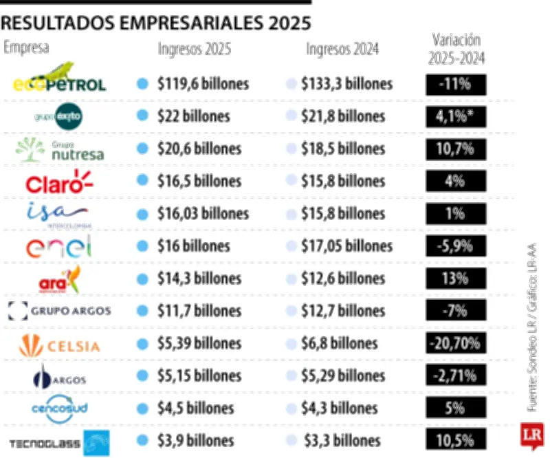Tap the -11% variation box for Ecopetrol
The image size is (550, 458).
tap(456, 84)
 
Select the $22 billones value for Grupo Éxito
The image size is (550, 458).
tap(193, 116)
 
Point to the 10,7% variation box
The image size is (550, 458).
tap(456, 149)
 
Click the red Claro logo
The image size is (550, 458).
tap(59, 182)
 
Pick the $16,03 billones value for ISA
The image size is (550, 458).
tap(203, 213)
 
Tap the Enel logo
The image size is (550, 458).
tap(59, 246)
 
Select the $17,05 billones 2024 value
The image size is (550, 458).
tap(346, 246)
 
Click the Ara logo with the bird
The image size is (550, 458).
tap(60, 279)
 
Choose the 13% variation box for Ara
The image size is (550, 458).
tap(456, 279)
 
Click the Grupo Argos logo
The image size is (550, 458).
tap(60, 311)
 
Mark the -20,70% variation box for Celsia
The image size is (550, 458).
tap(456, 343)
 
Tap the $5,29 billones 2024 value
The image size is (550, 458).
tap(343, 376)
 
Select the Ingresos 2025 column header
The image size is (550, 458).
tap(195, 50)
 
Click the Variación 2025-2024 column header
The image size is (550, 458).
tap(456, 48)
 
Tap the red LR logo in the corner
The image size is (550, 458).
tap(533, 436)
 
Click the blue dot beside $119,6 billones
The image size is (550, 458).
tap(142, 84)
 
